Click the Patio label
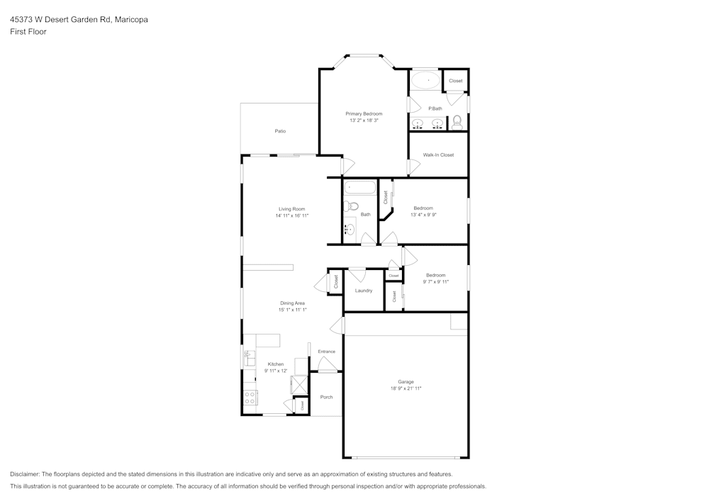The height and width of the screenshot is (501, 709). (x=280, y=131)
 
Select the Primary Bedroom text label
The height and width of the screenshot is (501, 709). (x=364, y=113)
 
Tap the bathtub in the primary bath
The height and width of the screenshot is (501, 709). (x=426, y=81)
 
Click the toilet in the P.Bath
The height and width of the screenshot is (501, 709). (x=457, y=122)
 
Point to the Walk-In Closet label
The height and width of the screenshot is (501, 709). (x=438, y=154)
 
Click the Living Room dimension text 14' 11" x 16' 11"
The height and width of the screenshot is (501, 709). (x=292, y=215)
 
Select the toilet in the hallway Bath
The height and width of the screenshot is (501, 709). (x=348, y=207)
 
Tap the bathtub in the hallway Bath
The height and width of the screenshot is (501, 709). (x=359, y=188)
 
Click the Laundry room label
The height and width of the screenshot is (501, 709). (x=364, y=291)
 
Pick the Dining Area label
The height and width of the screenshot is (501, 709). (x=292, y=303)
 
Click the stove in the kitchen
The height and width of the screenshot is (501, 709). (x=250, y=398)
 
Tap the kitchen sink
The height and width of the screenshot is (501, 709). (x=250, y=358)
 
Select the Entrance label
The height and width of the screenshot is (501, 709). (x=326, y=351)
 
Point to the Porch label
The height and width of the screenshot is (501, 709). (x=326, y=397)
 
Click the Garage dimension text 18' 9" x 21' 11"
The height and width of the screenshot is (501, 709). (x=406, y=388)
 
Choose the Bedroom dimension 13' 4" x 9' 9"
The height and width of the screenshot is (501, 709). (x=423, y=215)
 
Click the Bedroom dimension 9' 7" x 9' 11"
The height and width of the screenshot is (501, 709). (x=435, y=281)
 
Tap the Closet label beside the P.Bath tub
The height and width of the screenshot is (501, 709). (x=456, y=81)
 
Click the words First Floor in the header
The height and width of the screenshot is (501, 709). (x=28, y=32)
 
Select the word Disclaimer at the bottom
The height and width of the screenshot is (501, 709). (x=25, y=474)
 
